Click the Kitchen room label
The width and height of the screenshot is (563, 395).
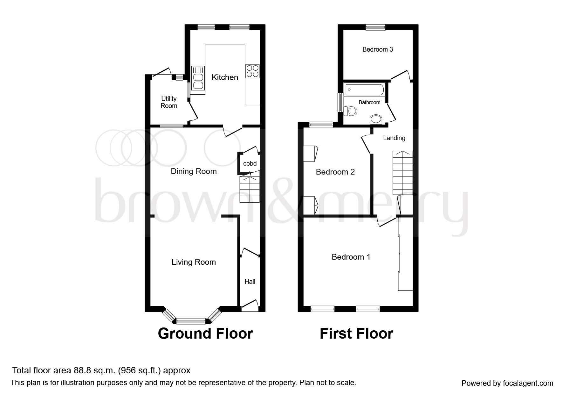coord(225,77)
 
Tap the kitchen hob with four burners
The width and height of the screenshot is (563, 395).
coord(252,71)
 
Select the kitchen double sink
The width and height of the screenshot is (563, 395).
coord(198,81)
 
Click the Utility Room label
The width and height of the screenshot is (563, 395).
coord(169,102)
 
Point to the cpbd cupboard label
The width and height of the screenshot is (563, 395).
coord(250,163)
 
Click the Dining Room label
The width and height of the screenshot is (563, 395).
coord(194,171)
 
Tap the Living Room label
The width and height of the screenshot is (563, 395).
coord(194,262)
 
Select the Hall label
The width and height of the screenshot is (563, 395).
coord(250,282)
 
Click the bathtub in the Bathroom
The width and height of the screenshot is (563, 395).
coord(365,90)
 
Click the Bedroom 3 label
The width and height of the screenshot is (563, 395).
coord(378,49)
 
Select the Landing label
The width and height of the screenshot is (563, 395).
coord(394,138)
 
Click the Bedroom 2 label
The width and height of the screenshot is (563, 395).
coord(335,172)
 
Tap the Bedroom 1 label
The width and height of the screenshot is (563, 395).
coord(351,257)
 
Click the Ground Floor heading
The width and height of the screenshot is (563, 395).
coord(205,334)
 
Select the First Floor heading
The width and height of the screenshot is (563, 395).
coord(356,334)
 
